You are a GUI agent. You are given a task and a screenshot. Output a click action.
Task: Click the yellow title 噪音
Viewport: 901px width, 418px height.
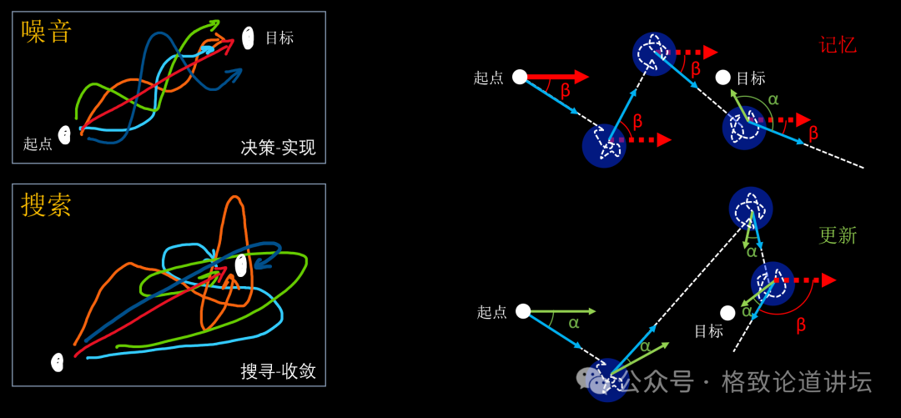pos(47,32)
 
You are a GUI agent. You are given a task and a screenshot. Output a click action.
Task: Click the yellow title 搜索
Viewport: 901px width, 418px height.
pos(47,204)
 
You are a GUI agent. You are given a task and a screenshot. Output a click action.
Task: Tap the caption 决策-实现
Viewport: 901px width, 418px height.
pos(278,148)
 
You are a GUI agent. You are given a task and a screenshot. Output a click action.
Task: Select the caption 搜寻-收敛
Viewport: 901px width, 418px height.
pos(278,371)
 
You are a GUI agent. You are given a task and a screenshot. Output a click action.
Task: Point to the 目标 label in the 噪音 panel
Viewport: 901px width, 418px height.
pos(279,38)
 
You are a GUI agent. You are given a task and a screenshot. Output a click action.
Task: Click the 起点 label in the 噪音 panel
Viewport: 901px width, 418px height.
pos(38,144)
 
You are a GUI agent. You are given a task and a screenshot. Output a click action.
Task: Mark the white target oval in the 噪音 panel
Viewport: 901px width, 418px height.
pos(248,38)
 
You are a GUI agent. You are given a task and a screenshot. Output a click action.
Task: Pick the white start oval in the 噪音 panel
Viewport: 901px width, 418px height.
pos(64,134)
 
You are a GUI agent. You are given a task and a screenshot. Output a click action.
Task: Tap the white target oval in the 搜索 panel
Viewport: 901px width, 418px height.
pos(241,265)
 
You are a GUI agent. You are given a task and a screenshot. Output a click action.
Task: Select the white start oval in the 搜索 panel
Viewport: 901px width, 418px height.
pos(58,362)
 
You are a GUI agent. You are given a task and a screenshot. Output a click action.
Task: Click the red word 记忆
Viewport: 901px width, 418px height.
pos(838,45)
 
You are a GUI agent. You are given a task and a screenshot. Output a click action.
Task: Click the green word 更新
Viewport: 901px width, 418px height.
pos(838,235)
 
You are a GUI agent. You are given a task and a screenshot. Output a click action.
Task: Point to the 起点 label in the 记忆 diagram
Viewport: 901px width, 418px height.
pos(489,78)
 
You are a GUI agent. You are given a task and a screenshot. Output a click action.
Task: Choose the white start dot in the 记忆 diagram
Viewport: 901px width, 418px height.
pos(520,77)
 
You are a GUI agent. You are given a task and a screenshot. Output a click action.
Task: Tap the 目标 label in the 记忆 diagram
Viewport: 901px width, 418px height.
pos(751,78)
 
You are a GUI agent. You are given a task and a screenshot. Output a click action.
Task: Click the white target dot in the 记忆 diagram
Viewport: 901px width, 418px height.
pos(723,78)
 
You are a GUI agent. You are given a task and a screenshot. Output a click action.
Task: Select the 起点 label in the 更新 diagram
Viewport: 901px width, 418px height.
pos(492,312)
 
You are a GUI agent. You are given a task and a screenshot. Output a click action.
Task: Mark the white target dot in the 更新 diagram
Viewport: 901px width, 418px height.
pos(727,313)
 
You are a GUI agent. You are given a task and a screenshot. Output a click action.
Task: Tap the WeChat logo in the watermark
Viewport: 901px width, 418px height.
pos(594,380)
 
